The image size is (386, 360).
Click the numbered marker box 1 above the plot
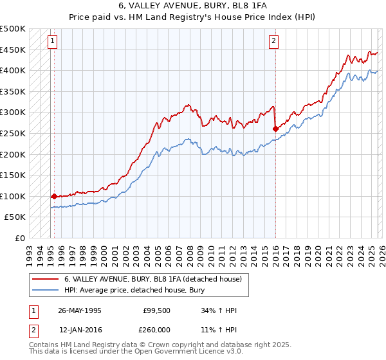(x=53, y=42)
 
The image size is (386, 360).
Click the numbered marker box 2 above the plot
(x=273, y=42)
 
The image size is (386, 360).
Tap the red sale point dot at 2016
(x=275, y=129)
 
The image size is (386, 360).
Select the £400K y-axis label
(x=13, y=70)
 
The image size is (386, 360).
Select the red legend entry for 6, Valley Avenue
(x=152, y=279)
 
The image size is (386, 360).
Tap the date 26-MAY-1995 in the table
(x=79, y=310)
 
